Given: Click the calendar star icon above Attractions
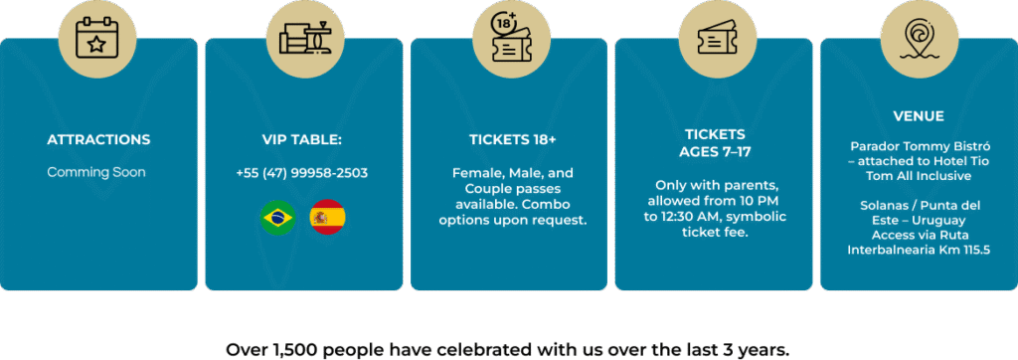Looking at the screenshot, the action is click(x=96, y=39).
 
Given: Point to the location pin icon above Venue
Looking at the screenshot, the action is click(x=919, y=39).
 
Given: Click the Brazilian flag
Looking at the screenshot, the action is click(x=278, y=218).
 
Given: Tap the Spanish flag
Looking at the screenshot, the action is click(x=328, y=218).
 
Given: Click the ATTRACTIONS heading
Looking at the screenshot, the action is click(x=98, y=139).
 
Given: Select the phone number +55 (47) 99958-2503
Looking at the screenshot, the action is click(x=302, y=173).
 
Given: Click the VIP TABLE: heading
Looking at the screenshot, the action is click(x=302, y=139).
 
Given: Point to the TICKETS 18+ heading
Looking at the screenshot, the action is click(x=513, y=139).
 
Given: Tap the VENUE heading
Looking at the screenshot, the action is click(x=919, y=117).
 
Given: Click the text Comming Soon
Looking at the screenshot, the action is click(x=96, y=173).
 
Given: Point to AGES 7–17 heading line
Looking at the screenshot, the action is click(x=715, y=152).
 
